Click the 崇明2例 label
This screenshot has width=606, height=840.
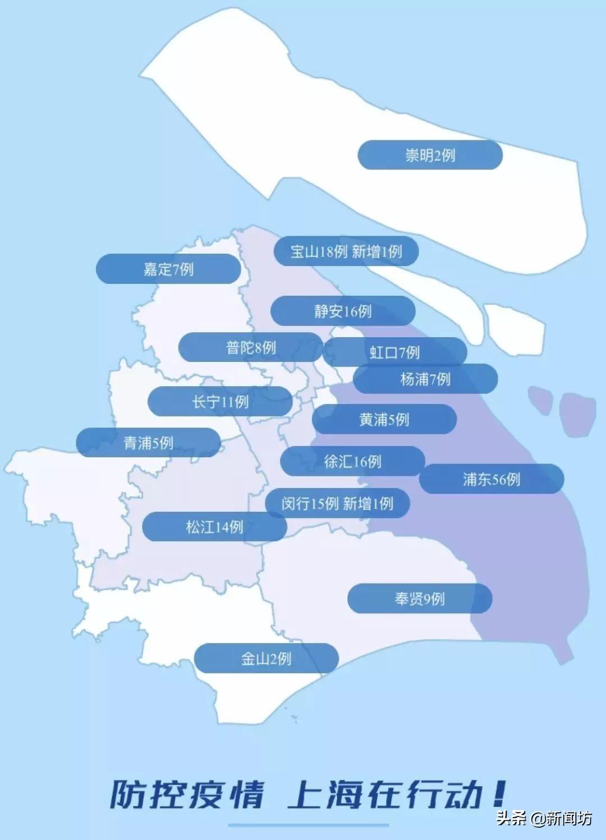[430, 155]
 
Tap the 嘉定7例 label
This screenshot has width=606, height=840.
[168, 269]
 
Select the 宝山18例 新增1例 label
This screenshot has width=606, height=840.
[346, 251]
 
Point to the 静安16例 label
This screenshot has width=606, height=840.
[343, 311]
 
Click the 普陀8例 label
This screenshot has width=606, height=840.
[251, 347]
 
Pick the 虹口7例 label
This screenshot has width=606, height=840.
[394, 352]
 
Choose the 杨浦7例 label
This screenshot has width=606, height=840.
[425, 379]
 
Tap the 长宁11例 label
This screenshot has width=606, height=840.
[220, 401]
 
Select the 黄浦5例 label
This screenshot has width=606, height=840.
[384, 419]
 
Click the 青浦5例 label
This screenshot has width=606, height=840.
[148, 443]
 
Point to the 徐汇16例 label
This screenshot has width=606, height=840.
[352, 461]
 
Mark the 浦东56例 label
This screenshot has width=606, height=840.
[492, 479]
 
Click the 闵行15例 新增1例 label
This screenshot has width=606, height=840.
[337, 503]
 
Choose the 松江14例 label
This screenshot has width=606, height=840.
[214, 526]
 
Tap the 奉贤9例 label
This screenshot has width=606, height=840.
[420, 599]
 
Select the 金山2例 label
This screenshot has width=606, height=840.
[267, 658]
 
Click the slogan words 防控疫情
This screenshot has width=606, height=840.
[187, 794]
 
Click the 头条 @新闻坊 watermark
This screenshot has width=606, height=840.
[544, 818]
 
